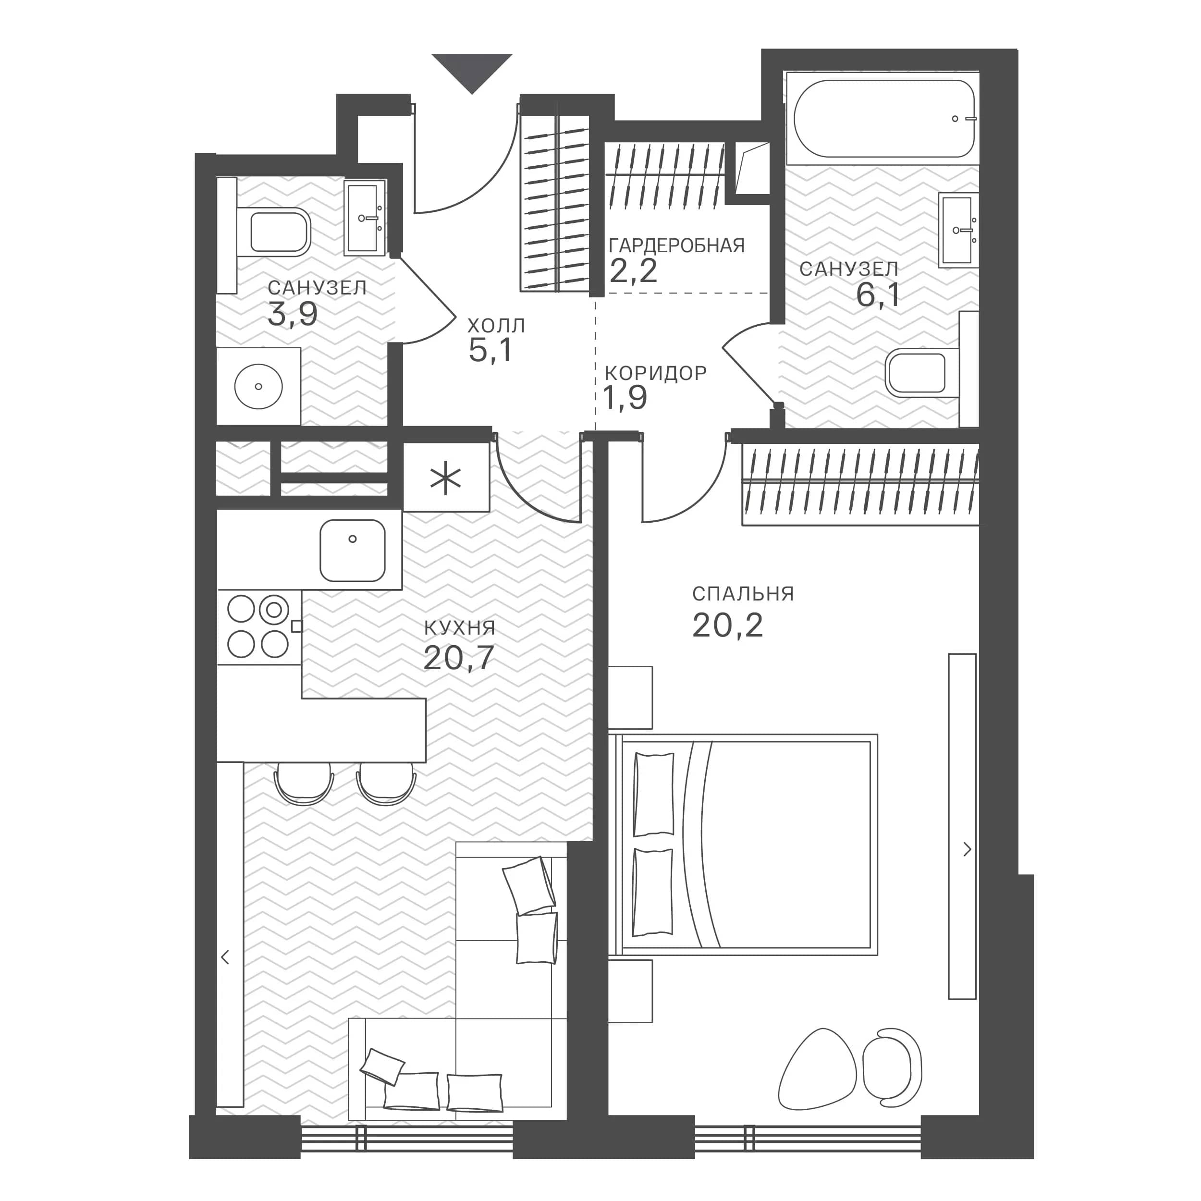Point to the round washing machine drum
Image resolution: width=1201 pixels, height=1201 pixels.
click(258, 387)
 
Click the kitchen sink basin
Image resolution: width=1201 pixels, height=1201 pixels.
click(353, 550)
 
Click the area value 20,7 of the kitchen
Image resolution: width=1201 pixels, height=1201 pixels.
click(458, 658)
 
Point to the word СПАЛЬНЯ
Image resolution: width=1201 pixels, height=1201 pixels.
click(743, 594)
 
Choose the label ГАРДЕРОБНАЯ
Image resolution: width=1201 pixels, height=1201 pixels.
click(677, 245)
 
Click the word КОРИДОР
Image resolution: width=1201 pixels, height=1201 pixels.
click(656, 373)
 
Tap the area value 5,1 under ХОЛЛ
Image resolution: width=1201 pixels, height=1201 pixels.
click(490, 351)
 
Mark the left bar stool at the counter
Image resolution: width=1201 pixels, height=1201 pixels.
click(304, 784)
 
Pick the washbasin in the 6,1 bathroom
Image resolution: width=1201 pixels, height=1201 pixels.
click(958, 230)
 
